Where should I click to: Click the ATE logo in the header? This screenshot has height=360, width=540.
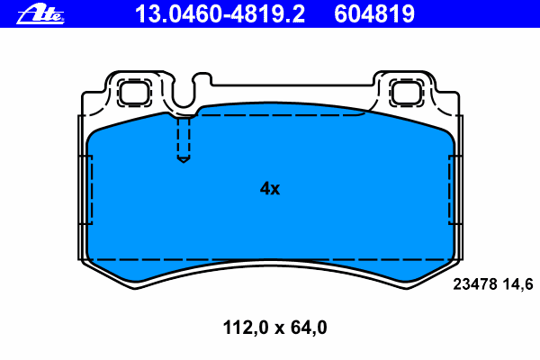(x=40, y=14)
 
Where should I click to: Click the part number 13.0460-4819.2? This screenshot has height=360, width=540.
(x=220, y=14)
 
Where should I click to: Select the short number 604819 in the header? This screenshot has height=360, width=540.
(x=374, y=14)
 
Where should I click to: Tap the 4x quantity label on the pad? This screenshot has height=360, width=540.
(x=270, y=188)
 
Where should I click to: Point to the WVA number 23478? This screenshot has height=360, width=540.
(x=475, y=284)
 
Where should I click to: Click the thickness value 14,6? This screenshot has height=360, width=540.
(x=518, y=284)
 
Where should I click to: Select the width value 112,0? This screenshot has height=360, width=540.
(x=246, y=328)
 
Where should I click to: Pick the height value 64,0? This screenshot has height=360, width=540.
(x=309, y=328)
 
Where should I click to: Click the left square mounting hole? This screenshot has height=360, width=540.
(x=134, y=93)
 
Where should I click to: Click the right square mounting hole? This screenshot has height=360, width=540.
(x=407, y=93)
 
